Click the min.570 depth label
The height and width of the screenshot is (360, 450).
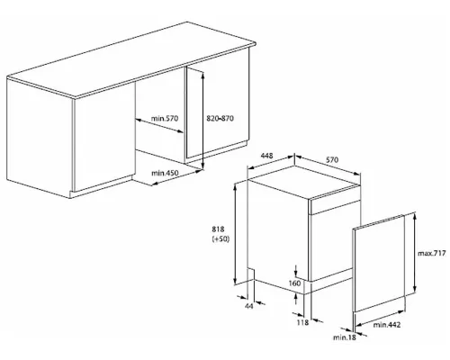(165, 119)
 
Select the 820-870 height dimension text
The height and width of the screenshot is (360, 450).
(220, 119)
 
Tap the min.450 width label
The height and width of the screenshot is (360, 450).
(165, 173)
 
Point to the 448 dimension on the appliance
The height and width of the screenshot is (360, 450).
(266, 156)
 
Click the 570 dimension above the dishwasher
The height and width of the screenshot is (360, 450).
(332, 159)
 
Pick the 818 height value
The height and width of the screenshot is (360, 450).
(218, 229)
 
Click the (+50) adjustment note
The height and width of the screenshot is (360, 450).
(220, 239)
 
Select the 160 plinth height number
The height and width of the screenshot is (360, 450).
(294, 283)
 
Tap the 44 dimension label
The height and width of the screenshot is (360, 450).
(249, 306)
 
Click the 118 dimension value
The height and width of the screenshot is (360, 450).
(302, 322)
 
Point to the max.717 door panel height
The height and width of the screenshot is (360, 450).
(432, 254)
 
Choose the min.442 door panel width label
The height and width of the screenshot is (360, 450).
(387, 325)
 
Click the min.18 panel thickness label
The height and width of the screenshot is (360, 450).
(345, 337)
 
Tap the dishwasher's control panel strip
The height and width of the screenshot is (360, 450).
(336, 207)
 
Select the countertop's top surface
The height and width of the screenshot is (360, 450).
(131, 59)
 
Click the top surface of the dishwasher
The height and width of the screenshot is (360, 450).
(303, 182)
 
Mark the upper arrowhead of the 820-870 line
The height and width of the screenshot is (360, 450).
(203, 76)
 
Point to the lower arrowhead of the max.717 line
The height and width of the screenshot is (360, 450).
(415, 289)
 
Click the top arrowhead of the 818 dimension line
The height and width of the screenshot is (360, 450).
(236, 185)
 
